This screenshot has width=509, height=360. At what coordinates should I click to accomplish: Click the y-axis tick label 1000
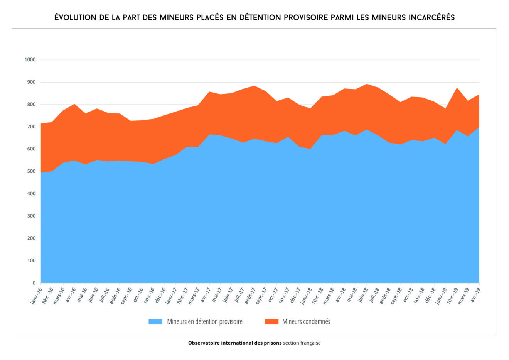pos(30,60)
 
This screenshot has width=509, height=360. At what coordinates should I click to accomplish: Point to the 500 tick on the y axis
pos(31,171)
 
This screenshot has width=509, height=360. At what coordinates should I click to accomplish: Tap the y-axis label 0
pos(34,283)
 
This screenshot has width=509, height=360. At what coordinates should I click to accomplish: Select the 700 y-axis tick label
pos(31,127)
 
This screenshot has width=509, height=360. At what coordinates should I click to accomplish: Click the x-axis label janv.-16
pos(37,296)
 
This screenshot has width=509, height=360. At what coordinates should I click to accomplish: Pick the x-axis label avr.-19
pos(475,296)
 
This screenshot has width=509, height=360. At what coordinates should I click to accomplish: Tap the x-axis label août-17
pos(250,296)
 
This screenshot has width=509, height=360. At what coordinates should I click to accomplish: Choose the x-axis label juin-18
pos(363,296)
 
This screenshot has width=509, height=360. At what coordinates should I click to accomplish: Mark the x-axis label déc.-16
pos(161,296)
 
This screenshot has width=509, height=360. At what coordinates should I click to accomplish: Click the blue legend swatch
pos(155,321)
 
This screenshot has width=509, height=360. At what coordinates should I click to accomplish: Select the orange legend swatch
pos(271,321)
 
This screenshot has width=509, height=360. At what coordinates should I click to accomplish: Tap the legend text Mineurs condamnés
pos(306,321)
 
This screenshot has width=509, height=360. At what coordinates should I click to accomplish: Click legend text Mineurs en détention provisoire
pos(205,321)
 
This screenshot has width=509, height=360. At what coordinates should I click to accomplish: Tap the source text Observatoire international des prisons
pos(234,343)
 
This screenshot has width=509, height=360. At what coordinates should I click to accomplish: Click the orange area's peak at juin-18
pos(367,84)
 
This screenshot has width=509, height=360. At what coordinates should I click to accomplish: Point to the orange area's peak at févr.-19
pos(457,88)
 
